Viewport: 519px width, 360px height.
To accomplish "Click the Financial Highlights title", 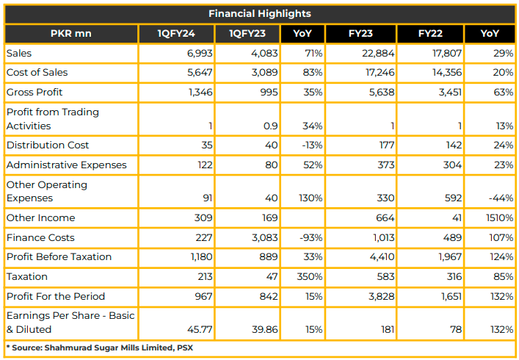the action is (x=260, y=13).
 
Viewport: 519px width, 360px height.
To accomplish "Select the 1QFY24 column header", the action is (x=176, y=34).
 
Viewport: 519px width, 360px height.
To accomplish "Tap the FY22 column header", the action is (x=430, y=34).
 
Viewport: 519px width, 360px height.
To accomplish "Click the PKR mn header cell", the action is (x=70, y=34).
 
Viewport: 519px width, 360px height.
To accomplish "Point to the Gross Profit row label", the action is (x=35, y=92).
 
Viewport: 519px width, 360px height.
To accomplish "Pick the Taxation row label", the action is (x=27, y=276).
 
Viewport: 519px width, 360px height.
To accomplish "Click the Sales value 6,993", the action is (x=200, y=53).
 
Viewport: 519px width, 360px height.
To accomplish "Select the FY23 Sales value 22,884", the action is (x=378, y=53).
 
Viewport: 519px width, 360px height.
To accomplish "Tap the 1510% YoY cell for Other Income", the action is (x=499, y=217).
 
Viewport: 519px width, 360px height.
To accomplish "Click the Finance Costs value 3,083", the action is (x=264, y=237).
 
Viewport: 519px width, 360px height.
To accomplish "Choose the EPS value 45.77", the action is (x=200, y=330).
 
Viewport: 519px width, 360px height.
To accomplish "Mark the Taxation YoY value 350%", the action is (x=310, y=276).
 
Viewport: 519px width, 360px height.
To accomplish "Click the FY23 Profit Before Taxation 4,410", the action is (x=382, y=256).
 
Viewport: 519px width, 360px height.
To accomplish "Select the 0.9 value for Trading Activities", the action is (x=270, y=126).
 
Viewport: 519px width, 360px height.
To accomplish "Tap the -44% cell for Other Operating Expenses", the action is (x=501, y=198).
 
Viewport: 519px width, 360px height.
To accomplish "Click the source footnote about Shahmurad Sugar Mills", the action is (x=100, y=348).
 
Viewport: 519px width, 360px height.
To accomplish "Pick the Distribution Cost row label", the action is (x=48, y=145).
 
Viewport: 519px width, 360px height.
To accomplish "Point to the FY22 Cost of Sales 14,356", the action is (x=447, y=72).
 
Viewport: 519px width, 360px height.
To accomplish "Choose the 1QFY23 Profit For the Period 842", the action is (x=269, y=296).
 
